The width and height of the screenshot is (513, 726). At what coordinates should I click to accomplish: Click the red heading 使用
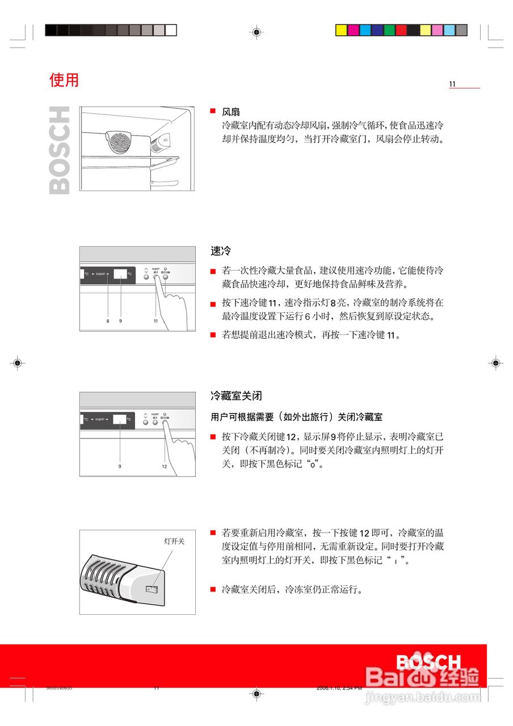(64, 80)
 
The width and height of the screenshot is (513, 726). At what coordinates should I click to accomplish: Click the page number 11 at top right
(452, 85)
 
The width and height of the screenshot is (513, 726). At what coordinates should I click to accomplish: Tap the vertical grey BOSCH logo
(60, 150)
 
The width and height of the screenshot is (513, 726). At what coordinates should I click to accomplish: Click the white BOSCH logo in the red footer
(428, 662)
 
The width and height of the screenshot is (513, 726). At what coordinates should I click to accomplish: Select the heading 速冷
(220, 250)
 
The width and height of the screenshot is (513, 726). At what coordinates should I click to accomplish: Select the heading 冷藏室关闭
(236, 395)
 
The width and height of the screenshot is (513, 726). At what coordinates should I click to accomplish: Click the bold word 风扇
(230, 112)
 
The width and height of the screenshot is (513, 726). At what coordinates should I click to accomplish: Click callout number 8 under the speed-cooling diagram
(108, 321)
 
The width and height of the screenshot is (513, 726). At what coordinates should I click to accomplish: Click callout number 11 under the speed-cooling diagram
(155, 321)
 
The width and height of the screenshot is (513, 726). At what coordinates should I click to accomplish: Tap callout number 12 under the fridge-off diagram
(164, 466)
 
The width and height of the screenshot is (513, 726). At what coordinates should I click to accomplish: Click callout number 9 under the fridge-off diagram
(120, 466)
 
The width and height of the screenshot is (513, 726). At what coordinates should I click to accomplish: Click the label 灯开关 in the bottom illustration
(174, 541)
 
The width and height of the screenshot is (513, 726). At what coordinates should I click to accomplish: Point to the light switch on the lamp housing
(152, 590)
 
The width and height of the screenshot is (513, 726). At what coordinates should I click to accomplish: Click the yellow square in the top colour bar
(341, 30)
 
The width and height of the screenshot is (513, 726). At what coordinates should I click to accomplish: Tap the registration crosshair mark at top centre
(256, 32)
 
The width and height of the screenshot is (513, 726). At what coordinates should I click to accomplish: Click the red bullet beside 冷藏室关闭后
(213, 589)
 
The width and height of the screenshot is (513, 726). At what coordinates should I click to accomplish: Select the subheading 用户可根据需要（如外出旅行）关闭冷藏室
(296, 417)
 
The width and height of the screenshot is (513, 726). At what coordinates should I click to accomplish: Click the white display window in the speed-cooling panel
(121, 274)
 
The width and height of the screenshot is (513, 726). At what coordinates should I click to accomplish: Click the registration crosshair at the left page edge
(18, 362)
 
